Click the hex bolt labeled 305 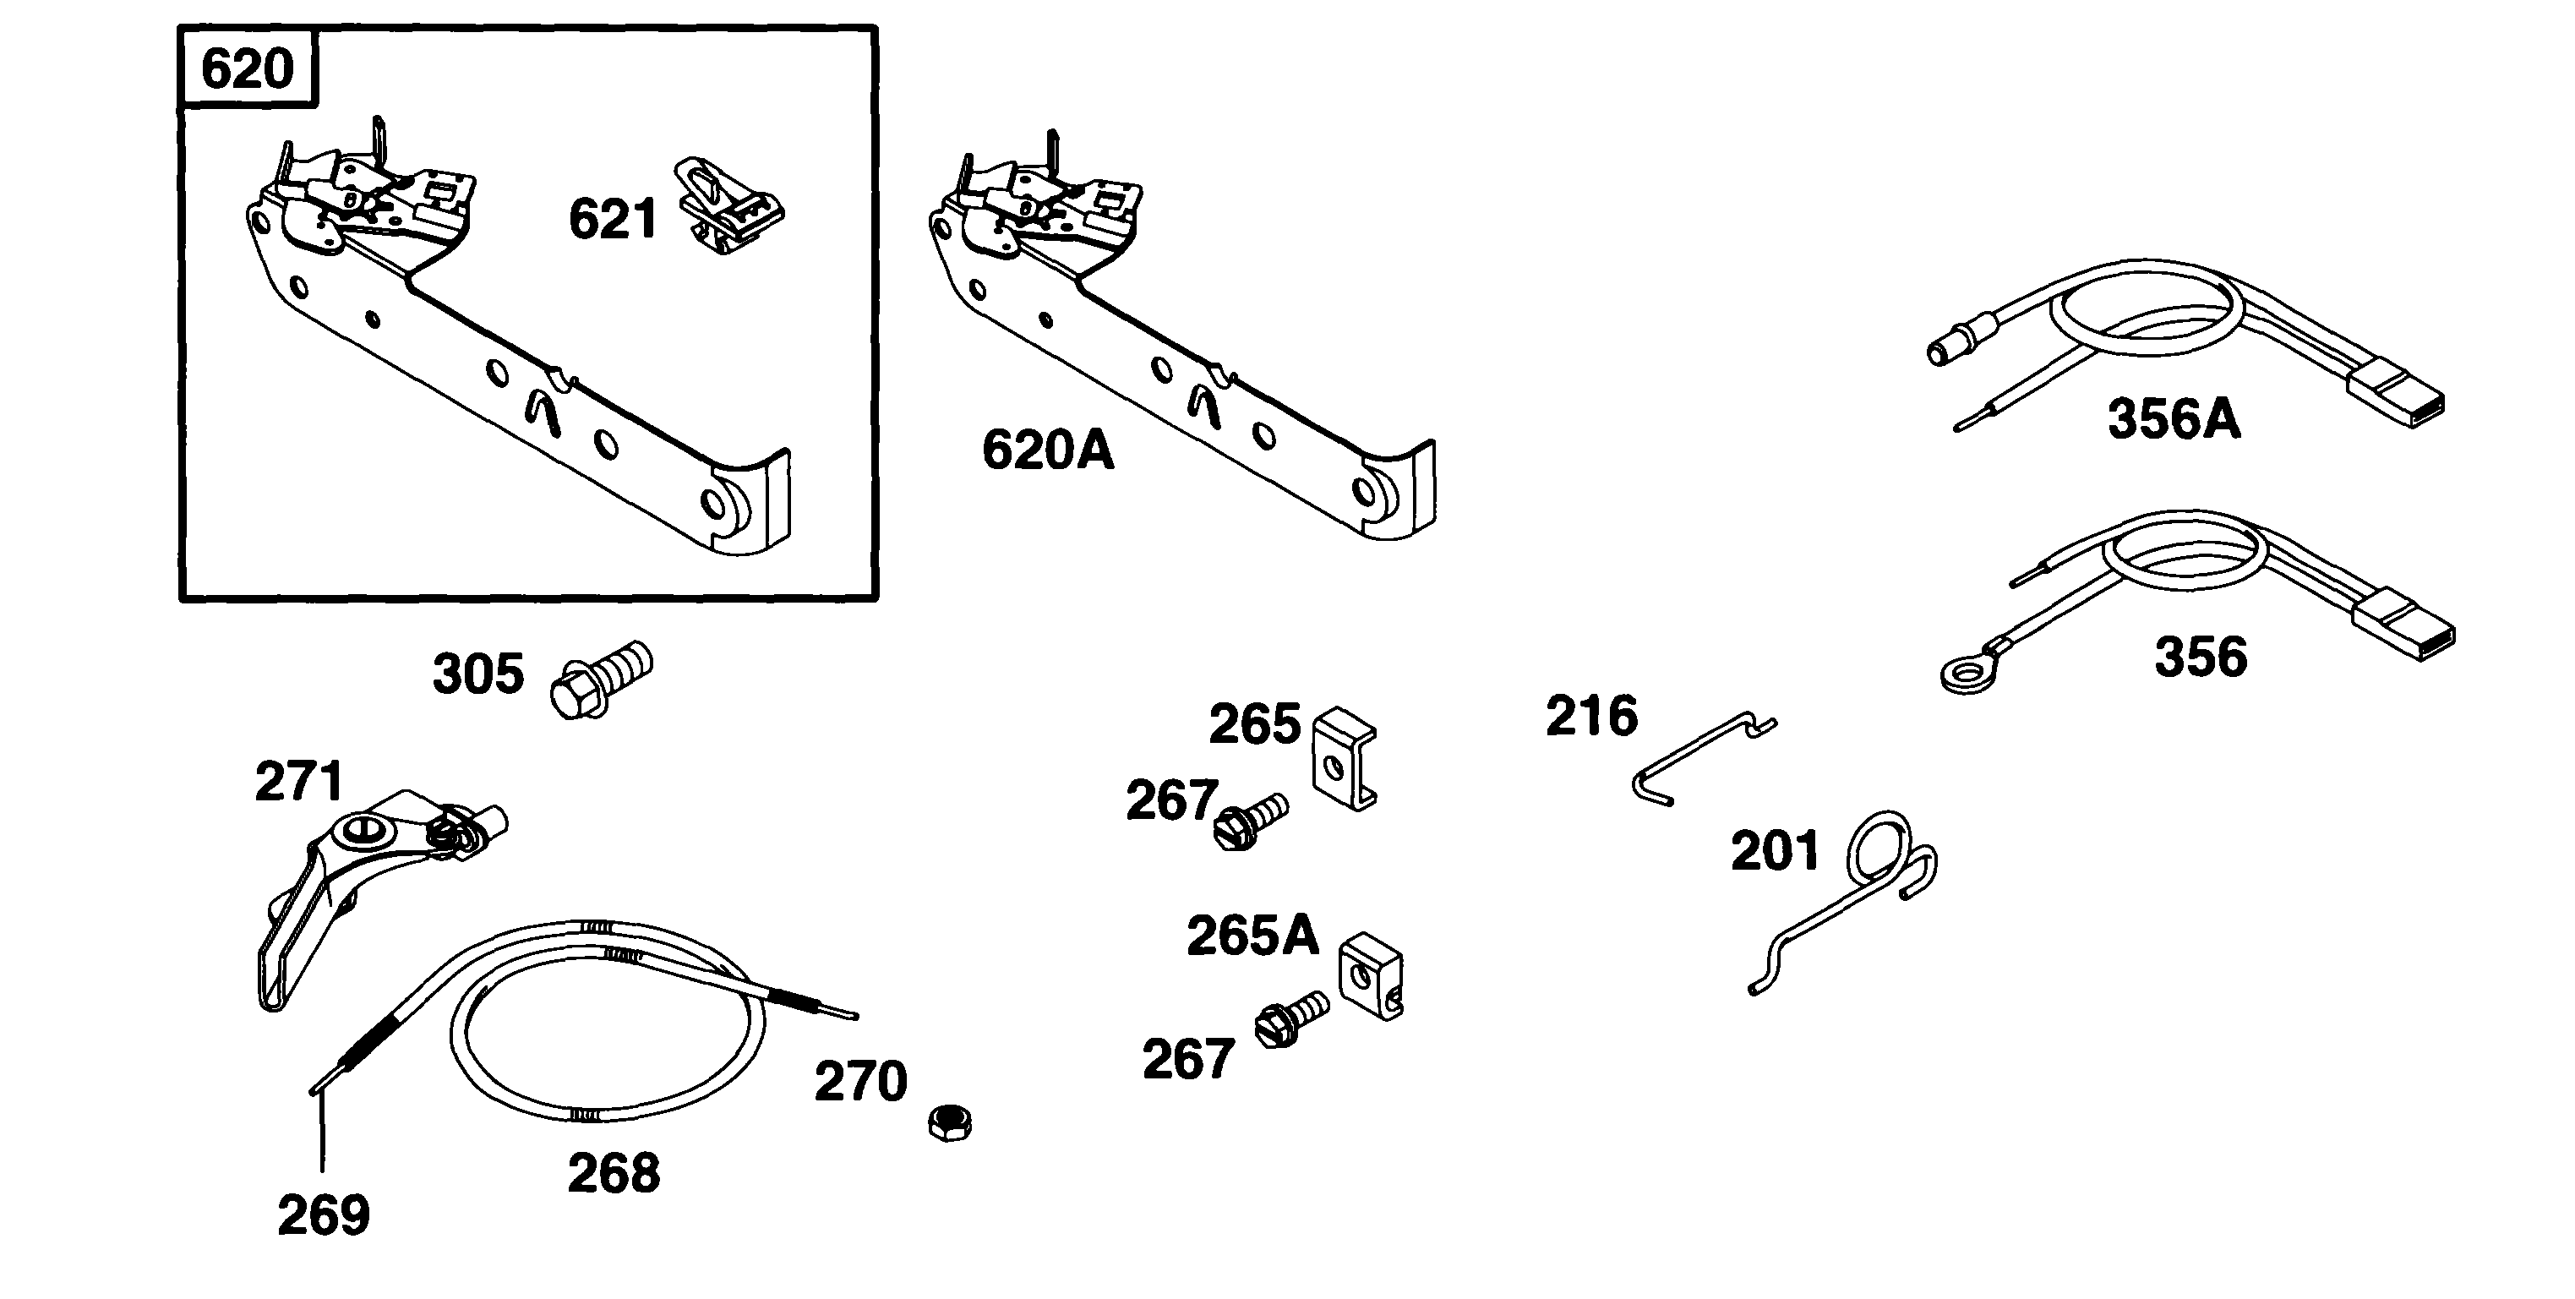(600, 678)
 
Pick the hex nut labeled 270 (950, 1124)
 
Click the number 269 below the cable (323, 1215)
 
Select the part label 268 (614, 1173)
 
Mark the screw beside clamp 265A (1290, 1018)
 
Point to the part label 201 (1775, 852)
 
